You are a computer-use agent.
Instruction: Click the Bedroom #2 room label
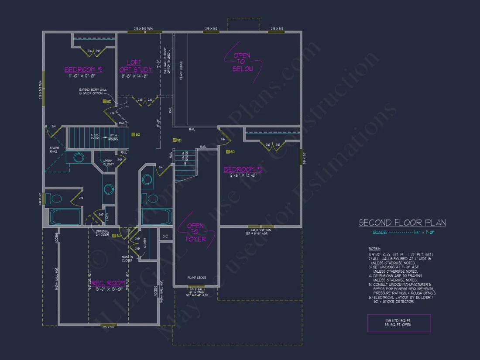coord(83,70)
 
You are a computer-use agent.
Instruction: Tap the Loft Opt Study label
coord(136,66)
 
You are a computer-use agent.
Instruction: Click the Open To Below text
coord(243,62)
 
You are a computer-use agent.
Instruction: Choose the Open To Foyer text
coord(196,232)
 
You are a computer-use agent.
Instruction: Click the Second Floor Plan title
coord(402,223)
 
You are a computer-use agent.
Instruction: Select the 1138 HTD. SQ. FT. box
coord(399,323)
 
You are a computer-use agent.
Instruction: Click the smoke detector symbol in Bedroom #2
coord(105,101)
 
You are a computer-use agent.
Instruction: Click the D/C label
coord(165,237)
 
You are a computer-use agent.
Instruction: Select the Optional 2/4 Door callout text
coord(103,233)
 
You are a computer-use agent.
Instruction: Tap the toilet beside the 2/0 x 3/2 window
coord(57,199)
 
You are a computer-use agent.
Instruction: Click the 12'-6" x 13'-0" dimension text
coord(242,175)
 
